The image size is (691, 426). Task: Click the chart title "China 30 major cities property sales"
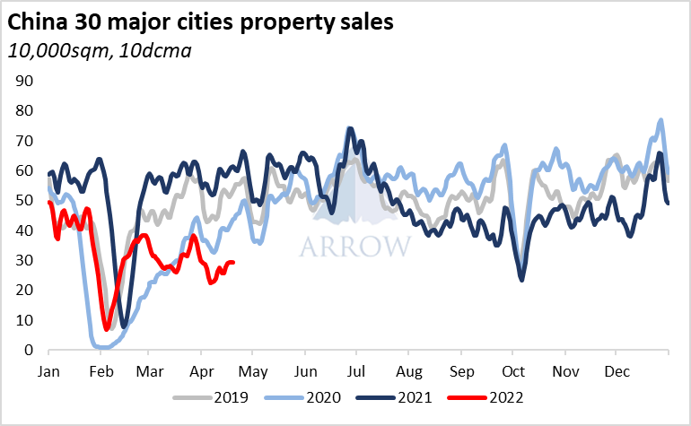point(201,22)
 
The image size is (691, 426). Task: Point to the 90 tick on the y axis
point(25,81)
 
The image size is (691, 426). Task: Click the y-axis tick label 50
point(25,201)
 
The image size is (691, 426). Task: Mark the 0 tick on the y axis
point(30,351)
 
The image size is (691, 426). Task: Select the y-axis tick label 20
point(25,291)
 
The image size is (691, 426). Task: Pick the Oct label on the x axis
point(514,369)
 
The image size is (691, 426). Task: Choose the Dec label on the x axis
point(617,369)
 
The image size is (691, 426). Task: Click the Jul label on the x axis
point(357,369)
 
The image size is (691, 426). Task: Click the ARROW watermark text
point(355,246)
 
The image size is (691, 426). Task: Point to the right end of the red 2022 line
point(233,263)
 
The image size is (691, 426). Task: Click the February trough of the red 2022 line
point(107,328)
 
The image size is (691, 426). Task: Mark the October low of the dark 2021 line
point(522,280)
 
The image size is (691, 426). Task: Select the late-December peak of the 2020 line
point(661,120)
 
